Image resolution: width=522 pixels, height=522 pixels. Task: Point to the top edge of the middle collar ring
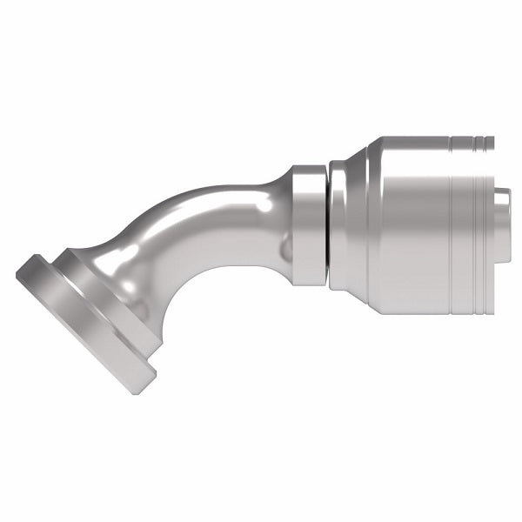(x=309, y=167)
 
